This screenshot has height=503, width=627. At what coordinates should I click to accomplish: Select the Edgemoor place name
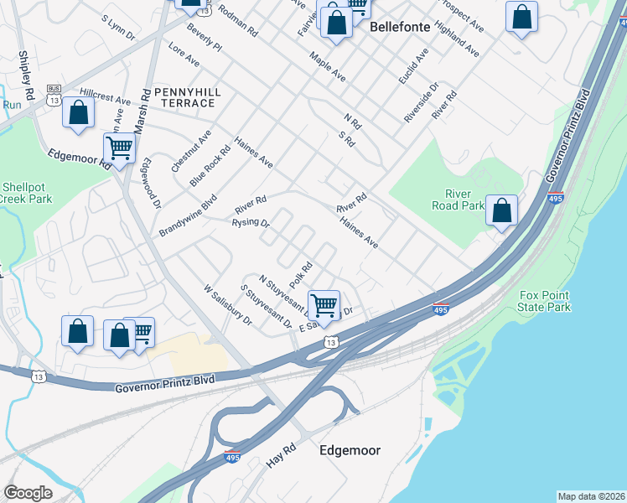coord(350,450)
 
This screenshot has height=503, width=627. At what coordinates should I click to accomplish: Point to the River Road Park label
coord(458,199)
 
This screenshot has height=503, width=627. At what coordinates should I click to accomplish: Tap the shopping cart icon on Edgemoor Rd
coord(120,148)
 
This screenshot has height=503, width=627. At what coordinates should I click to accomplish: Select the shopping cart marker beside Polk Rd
coord(324,304)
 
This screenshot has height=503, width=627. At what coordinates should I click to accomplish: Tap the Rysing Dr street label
coord(251,223)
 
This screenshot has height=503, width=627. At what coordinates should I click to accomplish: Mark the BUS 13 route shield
coord(54,95)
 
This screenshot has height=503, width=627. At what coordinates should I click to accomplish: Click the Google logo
coord(28,493)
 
